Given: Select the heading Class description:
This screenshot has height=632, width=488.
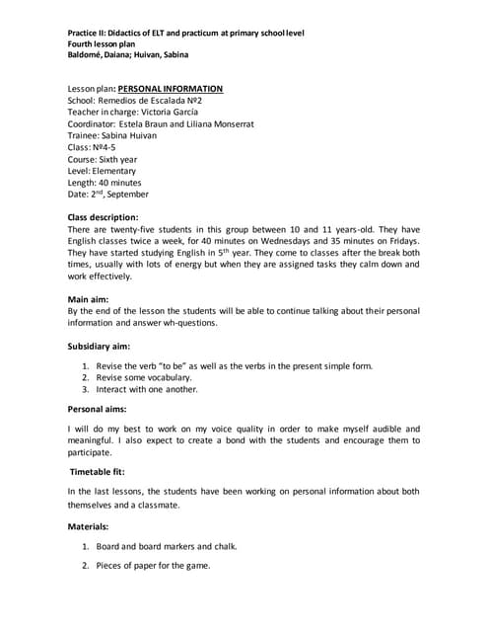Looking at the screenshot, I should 103,216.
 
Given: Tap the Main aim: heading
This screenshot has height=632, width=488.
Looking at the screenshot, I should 88,297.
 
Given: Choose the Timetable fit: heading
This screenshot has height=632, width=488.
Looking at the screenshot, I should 104,471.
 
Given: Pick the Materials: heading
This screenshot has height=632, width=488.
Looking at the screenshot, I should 88,526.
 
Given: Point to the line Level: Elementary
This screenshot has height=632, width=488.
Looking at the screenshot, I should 102,171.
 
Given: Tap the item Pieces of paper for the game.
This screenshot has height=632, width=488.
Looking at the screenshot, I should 153,566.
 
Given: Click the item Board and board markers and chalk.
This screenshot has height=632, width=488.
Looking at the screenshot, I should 166,546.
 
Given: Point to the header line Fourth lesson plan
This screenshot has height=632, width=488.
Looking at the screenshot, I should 107,44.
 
